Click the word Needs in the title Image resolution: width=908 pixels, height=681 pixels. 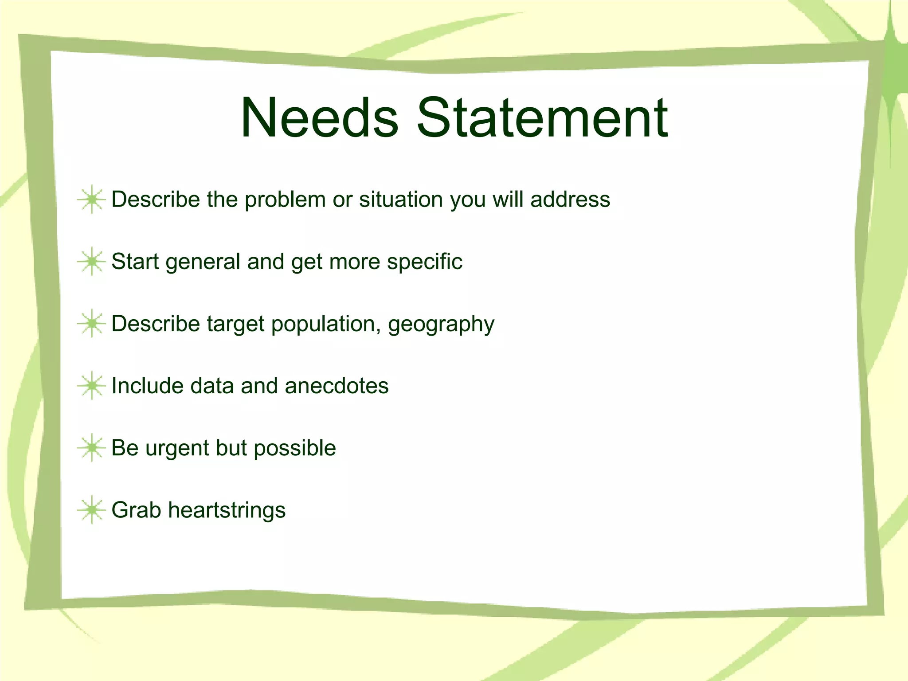(319, 118)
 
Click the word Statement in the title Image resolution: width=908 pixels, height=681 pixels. (542, 118)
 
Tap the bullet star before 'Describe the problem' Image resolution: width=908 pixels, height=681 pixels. (91, 200)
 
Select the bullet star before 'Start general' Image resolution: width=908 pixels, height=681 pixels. (91, 262)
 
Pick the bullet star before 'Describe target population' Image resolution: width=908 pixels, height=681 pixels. (91, 324)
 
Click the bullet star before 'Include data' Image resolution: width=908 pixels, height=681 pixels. (91, 386)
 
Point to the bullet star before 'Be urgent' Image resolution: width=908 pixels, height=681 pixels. (91, 448)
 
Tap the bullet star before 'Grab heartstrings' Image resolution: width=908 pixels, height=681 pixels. (91, 510)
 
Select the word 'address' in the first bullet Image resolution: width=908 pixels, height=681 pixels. (570, 200)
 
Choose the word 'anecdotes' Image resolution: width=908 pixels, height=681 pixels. (337, 386)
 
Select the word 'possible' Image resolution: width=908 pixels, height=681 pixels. (295, 448)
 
